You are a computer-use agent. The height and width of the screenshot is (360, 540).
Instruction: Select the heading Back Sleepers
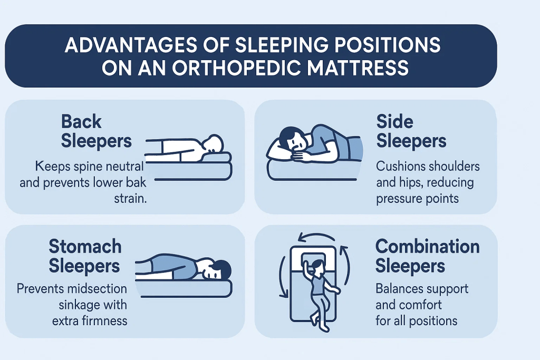pyautogui.click(x=96, y=131)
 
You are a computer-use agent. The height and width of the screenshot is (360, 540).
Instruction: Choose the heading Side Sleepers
pyautogui.click(x=411, y=131)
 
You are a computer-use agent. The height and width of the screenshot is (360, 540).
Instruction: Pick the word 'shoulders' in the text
pyautogui.click(x=454, y=167)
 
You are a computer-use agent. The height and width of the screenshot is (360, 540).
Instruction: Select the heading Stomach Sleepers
pyautogui.click(x=85, y=256)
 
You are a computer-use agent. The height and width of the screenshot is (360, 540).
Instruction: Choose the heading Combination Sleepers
pyautogui.click(x=427, y=256)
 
